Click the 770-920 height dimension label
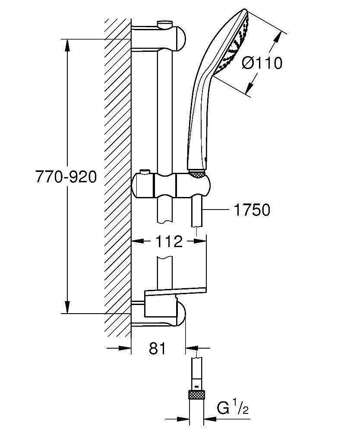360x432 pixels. point(66,177)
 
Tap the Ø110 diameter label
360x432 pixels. point(262,63)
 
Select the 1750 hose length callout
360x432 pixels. point(252,210)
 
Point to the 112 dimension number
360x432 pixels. point(169,241)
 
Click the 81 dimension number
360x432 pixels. point(158,348)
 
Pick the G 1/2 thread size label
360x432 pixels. point(233,408)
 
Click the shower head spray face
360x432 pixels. point(233,44)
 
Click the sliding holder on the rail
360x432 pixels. point(171,185)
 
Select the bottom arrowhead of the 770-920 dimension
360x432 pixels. point(67,307)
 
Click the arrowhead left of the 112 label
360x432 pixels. point(138,241)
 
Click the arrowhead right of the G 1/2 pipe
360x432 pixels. point(209,419)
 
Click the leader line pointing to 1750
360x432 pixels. point(216,210)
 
